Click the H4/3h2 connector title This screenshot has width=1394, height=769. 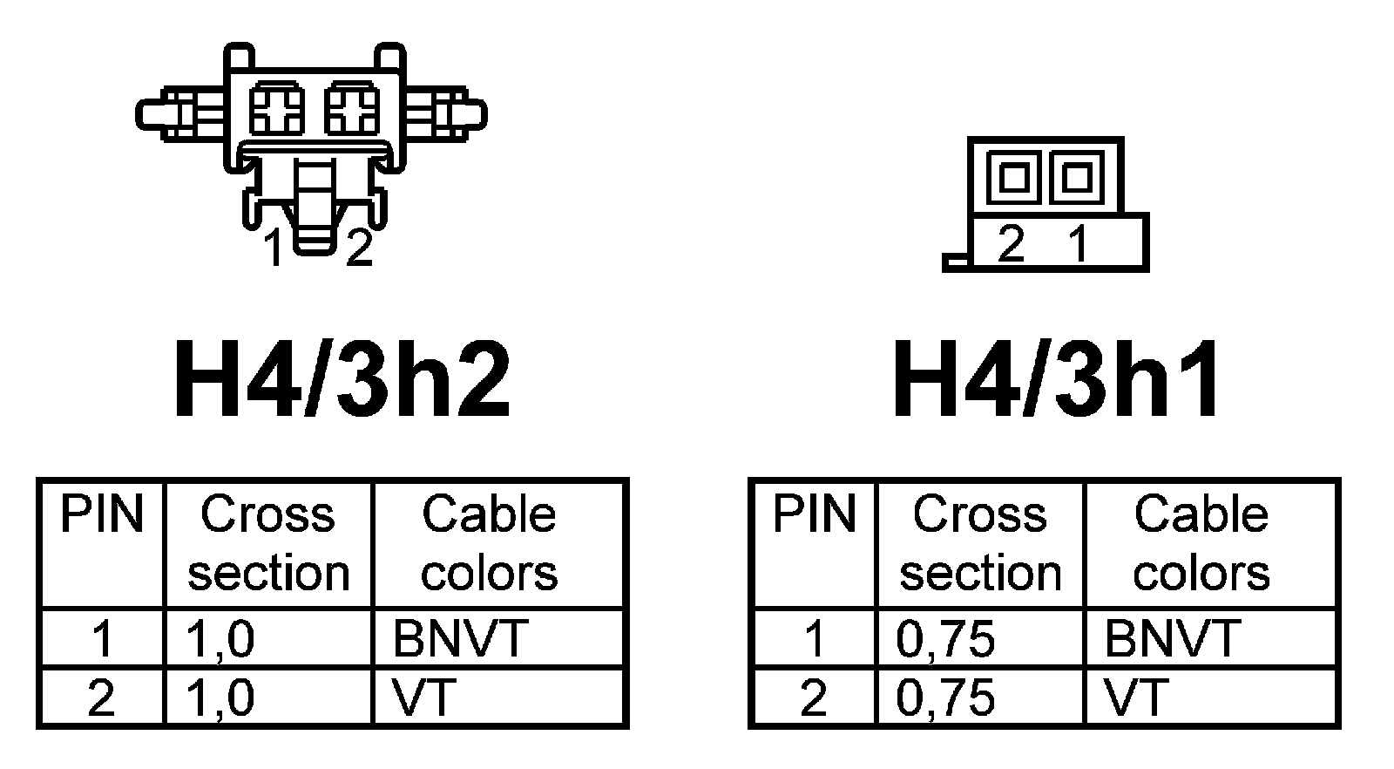tap(342, 379)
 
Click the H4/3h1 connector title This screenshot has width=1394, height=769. tap(1058, 379)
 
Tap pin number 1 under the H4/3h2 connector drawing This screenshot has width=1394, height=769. tap(274, 248)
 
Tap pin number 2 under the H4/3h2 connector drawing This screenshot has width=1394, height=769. tap(359, 248)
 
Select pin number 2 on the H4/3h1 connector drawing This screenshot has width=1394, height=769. tap(1011, 243)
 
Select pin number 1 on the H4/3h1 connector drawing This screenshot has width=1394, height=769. tap(1079, 243)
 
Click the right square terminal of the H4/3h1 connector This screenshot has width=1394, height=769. tap(1077, 177)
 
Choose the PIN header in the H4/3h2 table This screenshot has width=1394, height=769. tap(101, 514)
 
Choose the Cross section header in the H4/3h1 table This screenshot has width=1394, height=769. tap(980, 543)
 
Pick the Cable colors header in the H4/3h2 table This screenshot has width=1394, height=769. tap(489, 543)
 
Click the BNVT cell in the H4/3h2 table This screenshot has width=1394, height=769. tap(460, 639)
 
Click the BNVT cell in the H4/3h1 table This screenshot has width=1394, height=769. tap(1172, 639)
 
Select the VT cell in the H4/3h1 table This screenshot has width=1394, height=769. tap(1136, 698)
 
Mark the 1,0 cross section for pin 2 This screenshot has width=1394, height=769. tap(220, 698)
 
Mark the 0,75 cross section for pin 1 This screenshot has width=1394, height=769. tap(945, 639)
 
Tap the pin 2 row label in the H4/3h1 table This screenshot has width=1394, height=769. tap(813, 698)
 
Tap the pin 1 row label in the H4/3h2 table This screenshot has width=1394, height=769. tap(102, 639)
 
